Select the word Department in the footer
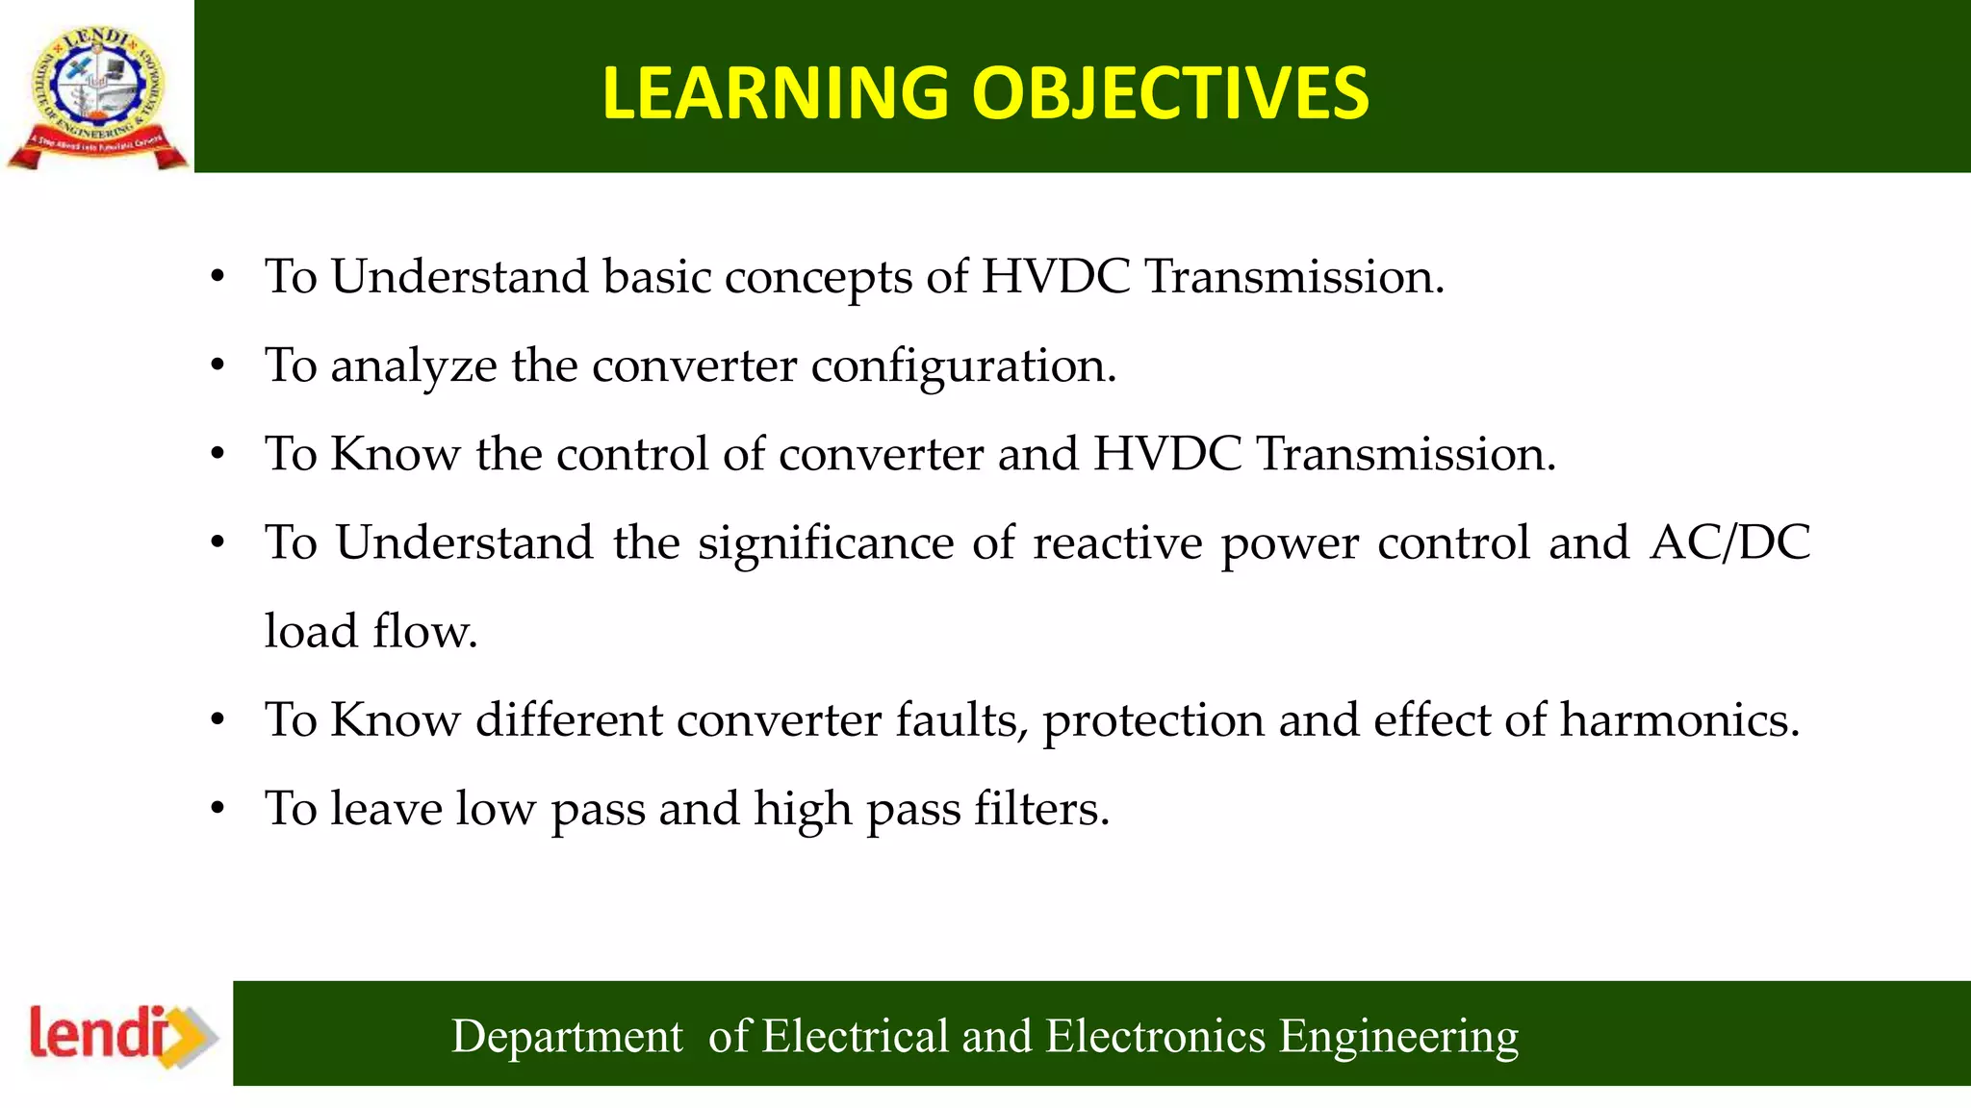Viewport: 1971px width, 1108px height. point(567,1037)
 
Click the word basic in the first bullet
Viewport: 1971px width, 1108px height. point(656,277)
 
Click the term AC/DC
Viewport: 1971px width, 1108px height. point(1729,542)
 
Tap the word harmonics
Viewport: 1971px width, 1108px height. point(1679,719)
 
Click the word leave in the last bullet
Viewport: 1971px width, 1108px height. point(386,808)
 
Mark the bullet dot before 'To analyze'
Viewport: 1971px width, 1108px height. point(218,366)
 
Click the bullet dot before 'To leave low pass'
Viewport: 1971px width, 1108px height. point(218,809)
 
